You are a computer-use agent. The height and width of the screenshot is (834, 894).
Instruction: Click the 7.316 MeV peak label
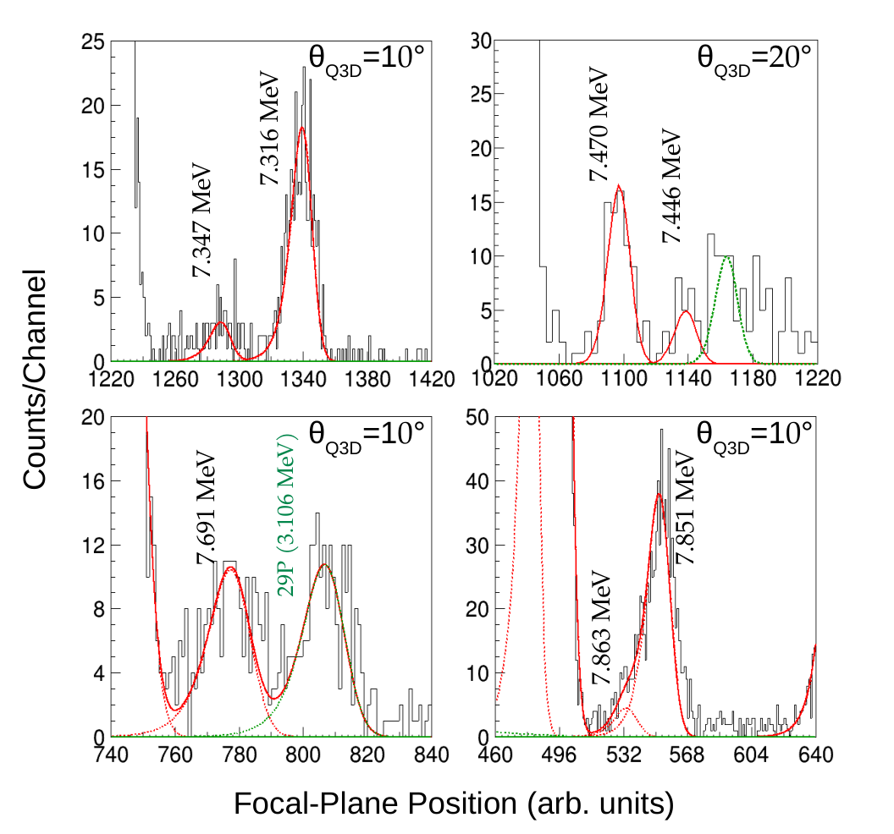point(270,129)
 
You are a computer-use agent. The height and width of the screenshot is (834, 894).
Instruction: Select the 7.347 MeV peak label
point(201,221)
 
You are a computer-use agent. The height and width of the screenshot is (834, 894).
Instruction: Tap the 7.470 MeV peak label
point(599,124)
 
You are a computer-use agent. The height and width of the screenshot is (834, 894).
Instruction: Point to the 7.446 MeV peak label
point(671,186)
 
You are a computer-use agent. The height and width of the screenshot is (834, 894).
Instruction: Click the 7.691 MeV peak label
point(206,508)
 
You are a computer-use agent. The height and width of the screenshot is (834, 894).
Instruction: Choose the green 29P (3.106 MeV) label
point(287,515)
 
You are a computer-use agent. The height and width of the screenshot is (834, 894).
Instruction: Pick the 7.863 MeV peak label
point(601,628)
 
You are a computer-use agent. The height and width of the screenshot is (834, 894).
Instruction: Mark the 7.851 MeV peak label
point(685,508)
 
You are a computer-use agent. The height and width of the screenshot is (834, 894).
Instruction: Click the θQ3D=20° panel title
point(754,60)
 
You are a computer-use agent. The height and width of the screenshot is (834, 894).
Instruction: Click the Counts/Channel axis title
point(35,380)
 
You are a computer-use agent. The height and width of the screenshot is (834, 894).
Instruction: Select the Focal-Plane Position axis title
point(454,804)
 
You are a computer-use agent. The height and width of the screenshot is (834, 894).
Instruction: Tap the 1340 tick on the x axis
point(303,378)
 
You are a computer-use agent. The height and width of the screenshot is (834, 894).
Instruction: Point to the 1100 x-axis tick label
point(623,378)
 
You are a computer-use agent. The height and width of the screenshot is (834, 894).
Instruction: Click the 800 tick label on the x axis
point(303,754)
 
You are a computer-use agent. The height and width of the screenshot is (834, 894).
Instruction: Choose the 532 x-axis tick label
point(623,754)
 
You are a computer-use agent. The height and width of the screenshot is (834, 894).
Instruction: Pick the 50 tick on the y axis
point(477,417)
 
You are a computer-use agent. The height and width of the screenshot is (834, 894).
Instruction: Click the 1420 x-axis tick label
point(432,378)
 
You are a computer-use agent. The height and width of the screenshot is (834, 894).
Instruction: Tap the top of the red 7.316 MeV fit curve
point(301,127)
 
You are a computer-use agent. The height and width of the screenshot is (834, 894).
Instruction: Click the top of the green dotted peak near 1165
point(727,257)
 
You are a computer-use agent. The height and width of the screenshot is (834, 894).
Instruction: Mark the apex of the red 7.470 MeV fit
point(619,184)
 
